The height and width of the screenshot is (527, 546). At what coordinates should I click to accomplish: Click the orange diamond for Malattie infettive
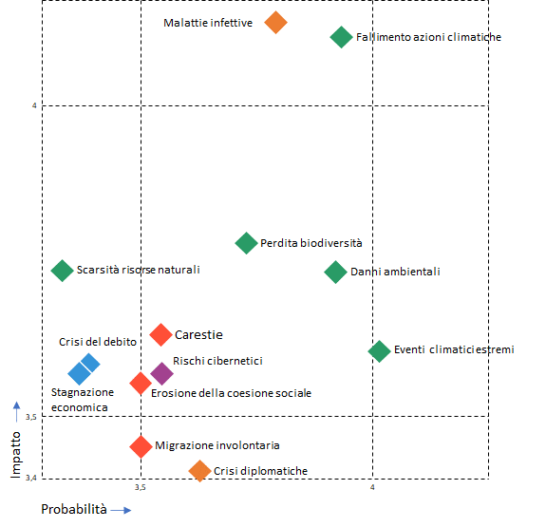coord(275,22)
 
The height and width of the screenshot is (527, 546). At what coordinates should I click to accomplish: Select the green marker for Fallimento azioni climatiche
coord(341,37)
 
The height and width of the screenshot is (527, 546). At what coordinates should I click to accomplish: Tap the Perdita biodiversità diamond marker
coord(246,243)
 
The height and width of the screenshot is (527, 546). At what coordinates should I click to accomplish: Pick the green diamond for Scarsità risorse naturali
coord(62,271)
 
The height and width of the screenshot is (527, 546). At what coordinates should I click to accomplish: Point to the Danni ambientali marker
coord(335,272)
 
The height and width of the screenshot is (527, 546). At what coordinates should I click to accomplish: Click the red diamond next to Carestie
coord(160,335)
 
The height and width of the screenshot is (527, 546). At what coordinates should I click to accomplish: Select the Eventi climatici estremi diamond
coord(379,351)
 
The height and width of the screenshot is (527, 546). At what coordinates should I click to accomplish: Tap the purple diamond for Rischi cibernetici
coord(162,373)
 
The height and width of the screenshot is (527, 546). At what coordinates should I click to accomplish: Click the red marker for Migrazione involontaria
coord(141,446)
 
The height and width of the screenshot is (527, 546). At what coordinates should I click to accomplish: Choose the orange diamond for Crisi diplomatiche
coord(199,471)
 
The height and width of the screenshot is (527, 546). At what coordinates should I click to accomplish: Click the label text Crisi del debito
coord(98,342)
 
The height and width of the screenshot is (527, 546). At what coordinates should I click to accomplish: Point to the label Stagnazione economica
coord(83,400)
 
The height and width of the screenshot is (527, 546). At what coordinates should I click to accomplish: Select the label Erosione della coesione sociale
coord(231,393)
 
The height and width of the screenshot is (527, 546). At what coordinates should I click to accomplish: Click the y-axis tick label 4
coord(34,105)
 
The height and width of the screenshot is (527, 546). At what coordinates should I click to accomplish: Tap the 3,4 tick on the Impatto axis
coord(31,478)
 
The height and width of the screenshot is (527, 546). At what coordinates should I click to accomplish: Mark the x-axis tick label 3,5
coord(141,487)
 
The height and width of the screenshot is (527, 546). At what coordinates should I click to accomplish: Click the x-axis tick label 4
coord(372,487)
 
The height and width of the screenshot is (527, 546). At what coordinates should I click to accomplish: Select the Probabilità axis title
coord(74,509)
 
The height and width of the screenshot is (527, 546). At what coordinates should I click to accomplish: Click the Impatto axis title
coord(16,455)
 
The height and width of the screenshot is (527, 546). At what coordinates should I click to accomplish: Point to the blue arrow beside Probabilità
coord(121,510)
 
